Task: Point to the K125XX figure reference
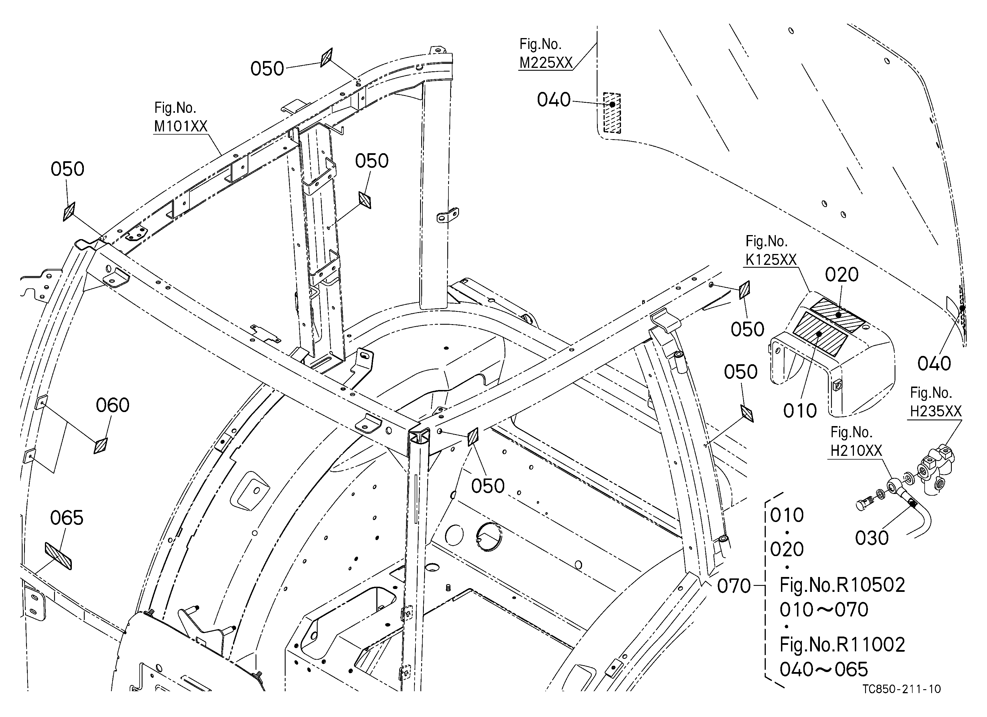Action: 771,260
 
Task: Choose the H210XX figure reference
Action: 856,451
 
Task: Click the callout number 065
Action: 67,518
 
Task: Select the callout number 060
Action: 113,405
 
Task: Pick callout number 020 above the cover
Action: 842,275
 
